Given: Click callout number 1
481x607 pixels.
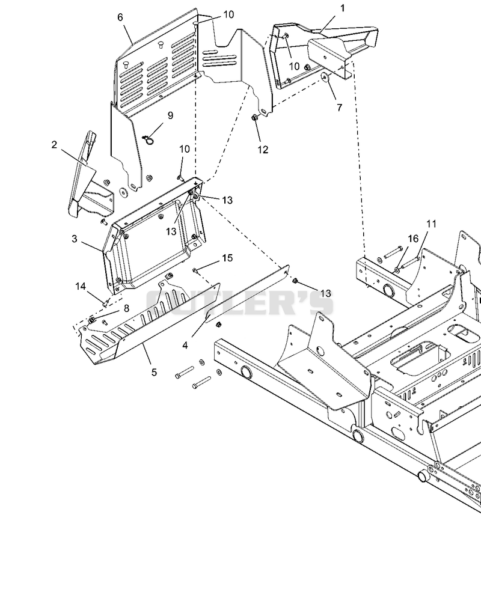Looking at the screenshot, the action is coord(342,8).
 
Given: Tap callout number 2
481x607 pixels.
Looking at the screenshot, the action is coord(54,145).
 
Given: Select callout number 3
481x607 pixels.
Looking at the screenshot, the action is coord(75,239).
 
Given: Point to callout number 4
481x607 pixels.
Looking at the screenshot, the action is coord(185,345).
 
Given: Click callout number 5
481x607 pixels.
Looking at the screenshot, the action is coord(154,373).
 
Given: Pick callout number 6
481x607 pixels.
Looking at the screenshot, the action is coord(120,17).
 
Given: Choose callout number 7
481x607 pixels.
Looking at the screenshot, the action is coord(340,107).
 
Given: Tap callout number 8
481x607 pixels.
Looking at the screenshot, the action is coord(126,308).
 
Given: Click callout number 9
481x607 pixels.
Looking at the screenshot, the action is coord(170,115).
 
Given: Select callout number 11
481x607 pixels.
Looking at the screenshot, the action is coord(432,224).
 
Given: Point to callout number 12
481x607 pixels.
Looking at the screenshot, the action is coord(263,150).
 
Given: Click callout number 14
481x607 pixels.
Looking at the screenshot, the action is coord(81,286).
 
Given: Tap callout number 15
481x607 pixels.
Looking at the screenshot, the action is coord(227,258).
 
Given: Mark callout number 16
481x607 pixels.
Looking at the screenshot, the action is coord(413,239).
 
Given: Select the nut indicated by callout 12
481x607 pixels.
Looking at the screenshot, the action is coord(254,117).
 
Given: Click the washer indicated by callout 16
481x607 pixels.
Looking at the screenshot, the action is coord(398,269).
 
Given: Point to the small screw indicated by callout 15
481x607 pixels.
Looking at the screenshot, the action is coord(195,270).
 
